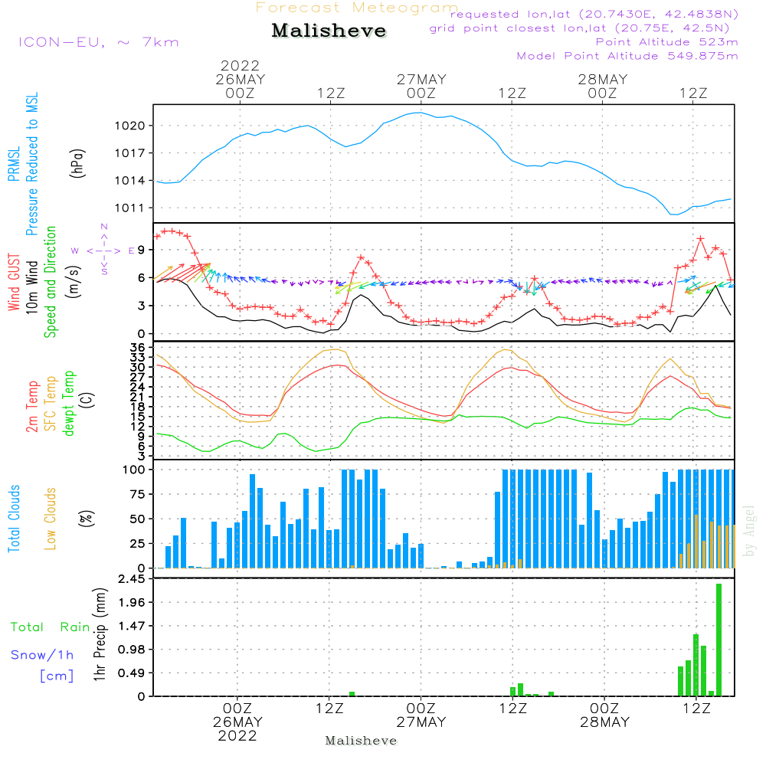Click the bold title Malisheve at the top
tap(329, 31)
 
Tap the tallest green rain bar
tap(719, 640)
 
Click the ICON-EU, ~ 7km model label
tap(98, 42)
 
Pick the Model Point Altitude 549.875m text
tap(627, 56)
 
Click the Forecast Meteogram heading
tap(356, 8)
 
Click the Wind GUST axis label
tap(15, 283)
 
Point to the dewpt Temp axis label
tap(70, 404)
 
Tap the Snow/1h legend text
tap(42, 655)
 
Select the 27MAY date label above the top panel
tap(421, 80)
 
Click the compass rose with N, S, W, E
tap(103, 250)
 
